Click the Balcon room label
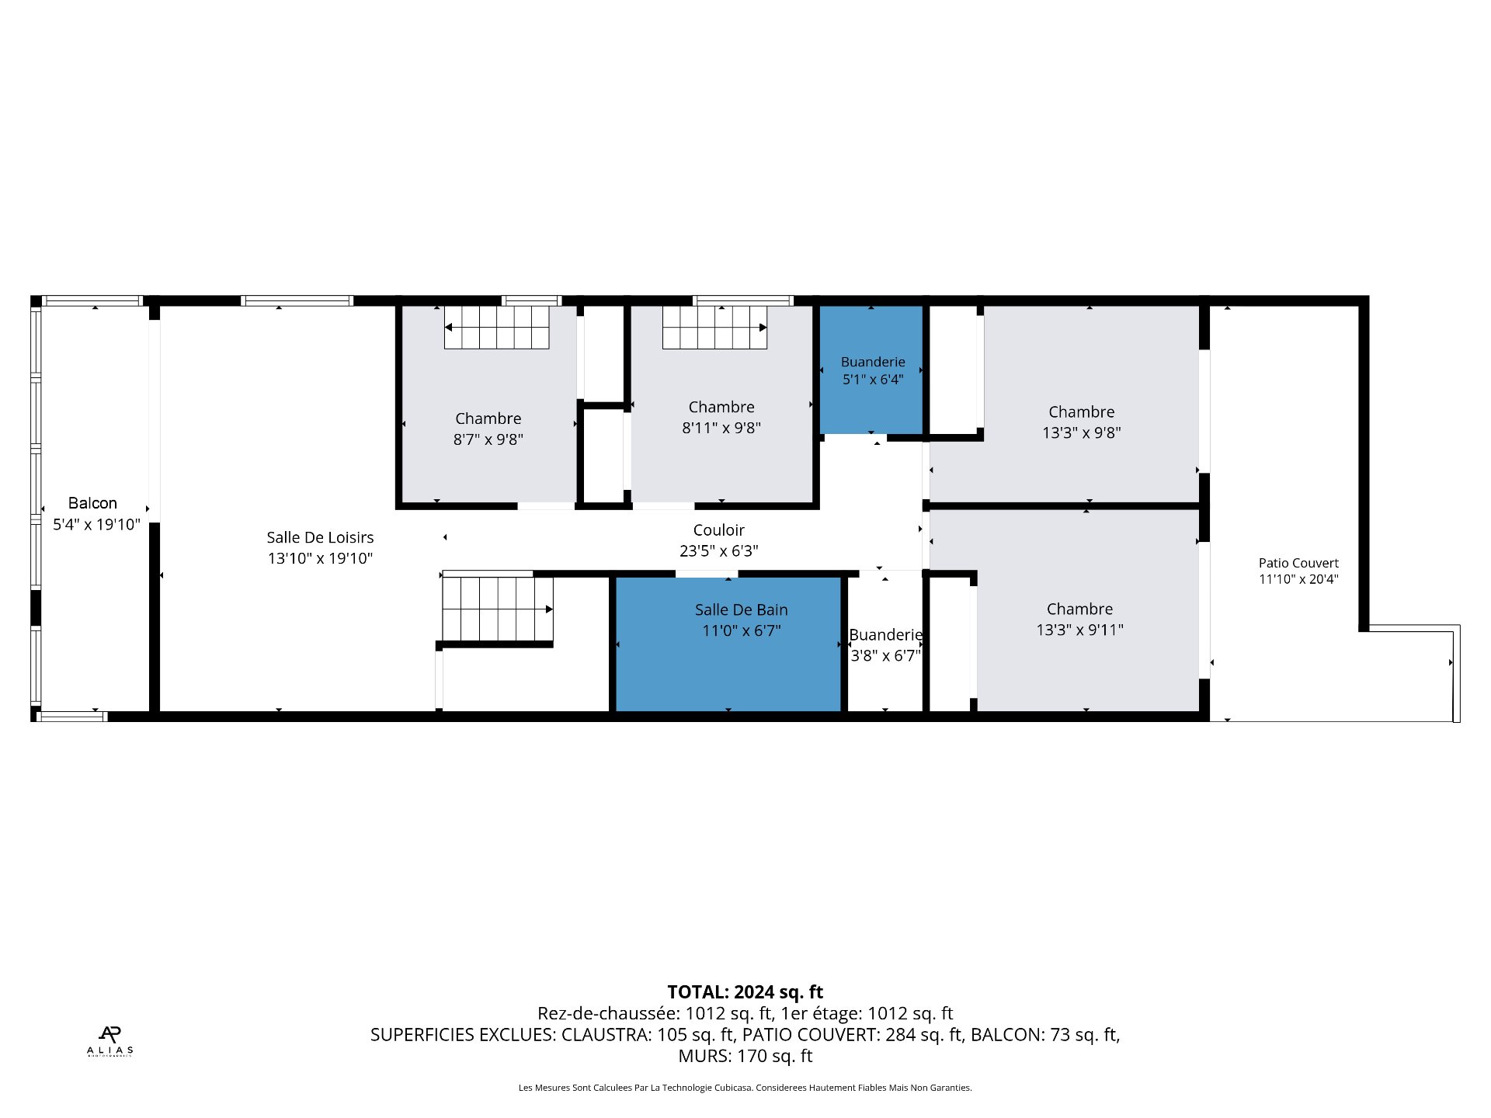tap(92, 503)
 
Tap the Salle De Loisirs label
tap(320, 537)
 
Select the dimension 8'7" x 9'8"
tap(488, 439)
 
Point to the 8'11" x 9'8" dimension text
tap(721, 428)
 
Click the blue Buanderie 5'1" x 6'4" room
tap(872, 370)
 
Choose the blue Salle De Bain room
tap(728, 644)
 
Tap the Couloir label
tap(719, 530)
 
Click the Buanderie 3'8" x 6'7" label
tap(885, 645)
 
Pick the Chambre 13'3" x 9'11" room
tap(1087, 610)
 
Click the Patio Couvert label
tap(1298, 564)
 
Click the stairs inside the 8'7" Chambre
tap(497, 327)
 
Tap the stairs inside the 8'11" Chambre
tap(714, 327)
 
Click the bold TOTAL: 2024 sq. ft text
tap(745, 992)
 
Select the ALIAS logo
tap(109, 1041)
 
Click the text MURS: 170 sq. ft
tap(745, 1056)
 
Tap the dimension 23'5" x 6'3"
tap(719, 551)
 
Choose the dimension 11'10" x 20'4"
tap(1298, 579)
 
